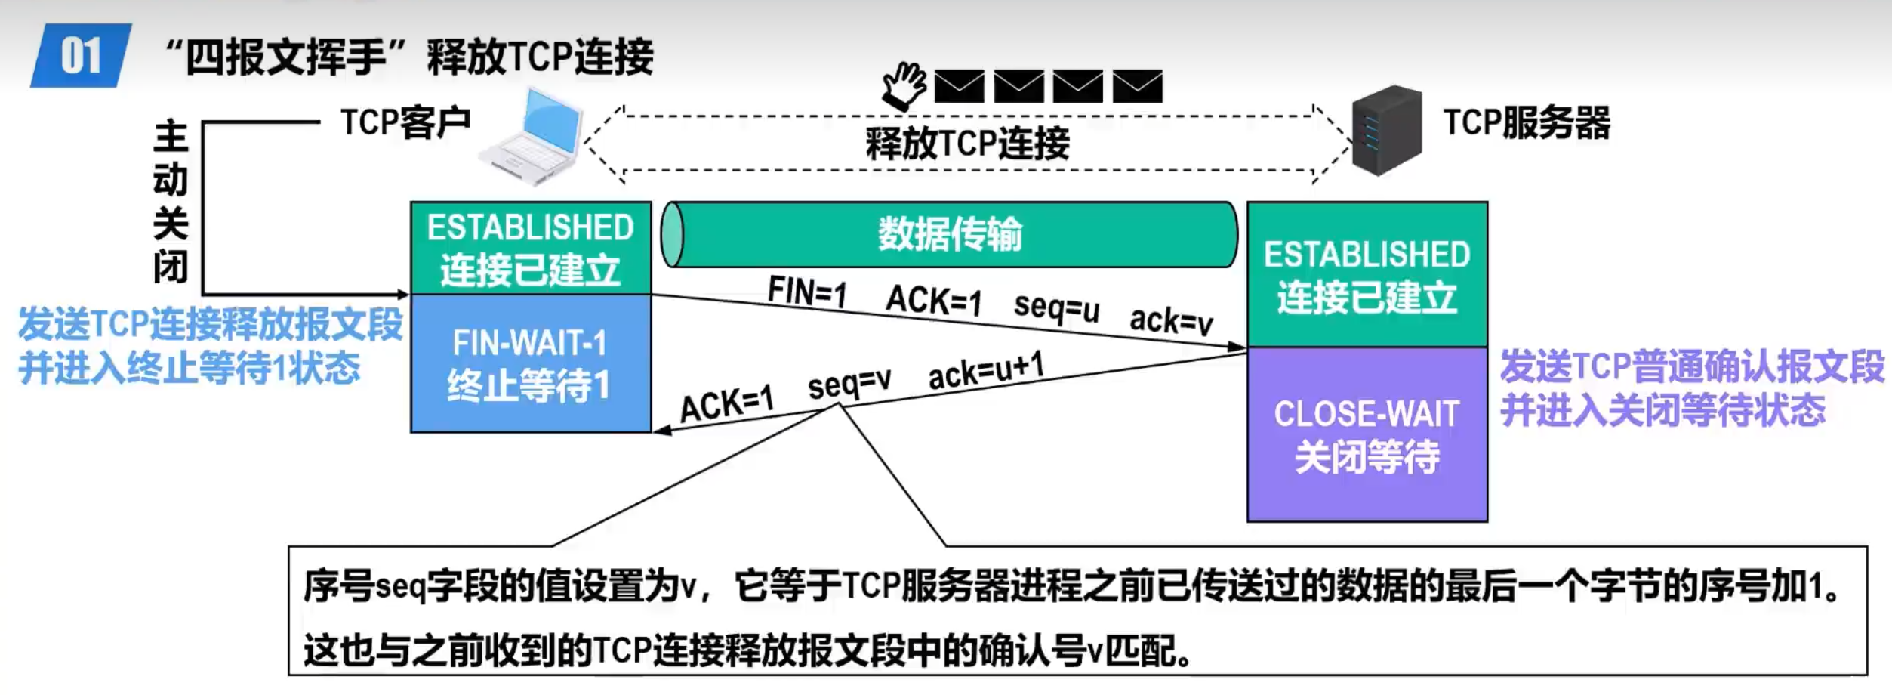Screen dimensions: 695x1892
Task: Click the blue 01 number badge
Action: (x=80, y=56)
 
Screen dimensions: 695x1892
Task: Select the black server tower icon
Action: (x=1386, y=131)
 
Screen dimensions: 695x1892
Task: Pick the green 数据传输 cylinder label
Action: (x=950, y=234)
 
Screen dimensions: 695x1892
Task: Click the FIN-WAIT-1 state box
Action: (x=530, y=364)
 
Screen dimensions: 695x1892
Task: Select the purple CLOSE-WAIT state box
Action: (x=1367, y=435)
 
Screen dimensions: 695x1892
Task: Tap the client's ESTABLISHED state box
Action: (x=530, y=249)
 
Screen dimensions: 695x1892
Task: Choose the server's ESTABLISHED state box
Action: (x=1367, y=275)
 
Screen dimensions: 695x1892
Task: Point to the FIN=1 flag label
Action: (x=806, y=292)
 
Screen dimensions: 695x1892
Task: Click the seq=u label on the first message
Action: (x=1055, y=307)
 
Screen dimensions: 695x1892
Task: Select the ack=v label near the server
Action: (x=1170, y=320)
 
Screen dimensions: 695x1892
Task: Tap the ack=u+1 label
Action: (x=985, y=370)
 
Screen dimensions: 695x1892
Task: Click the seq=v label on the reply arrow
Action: (x=849, y=384)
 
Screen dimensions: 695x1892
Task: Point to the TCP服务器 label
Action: (x=1526, y=123)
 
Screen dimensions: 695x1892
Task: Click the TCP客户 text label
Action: (x=405, y=122)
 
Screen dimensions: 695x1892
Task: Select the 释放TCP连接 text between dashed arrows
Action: (x=966, y=144)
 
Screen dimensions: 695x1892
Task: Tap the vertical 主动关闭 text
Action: (x=171, y=201)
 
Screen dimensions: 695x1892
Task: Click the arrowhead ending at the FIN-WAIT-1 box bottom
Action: (x=661, y=431)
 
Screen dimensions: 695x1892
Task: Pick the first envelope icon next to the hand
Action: (x=959, y=86)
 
